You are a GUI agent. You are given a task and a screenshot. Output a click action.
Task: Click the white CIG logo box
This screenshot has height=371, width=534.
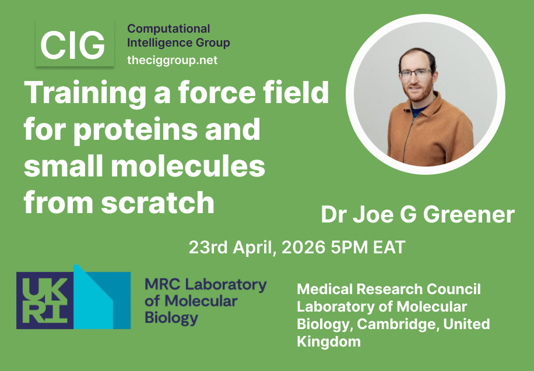coord(73,44)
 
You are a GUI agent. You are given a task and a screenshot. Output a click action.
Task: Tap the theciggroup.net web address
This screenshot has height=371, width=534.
coord(172,60)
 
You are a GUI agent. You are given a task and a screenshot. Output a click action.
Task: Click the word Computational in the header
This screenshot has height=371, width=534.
coord(168,29)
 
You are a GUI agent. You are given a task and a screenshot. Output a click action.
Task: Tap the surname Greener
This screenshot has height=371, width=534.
coord(469,215)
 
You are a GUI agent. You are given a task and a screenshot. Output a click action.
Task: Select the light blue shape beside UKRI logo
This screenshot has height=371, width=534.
coord(103,297)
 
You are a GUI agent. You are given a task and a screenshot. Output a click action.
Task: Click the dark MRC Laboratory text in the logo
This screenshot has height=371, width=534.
coord(205,285)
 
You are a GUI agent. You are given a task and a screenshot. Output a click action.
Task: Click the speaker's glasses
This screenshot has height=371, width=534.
coord(415,73)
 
